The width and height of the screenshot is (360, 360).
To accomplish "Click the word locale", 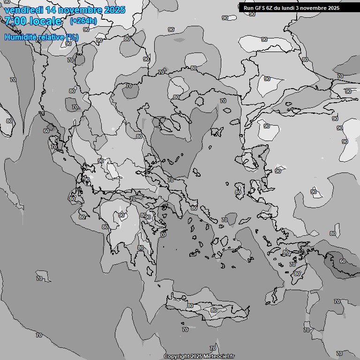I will click(45, 21).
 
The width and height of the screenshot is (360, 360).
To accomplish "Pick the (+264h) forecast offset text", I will click(83, 21).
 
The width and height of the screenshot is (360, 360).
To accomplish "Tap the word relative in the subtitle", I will click(51, 37).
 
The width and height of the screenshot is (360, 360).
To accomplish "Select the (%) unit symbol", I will click(72, 37).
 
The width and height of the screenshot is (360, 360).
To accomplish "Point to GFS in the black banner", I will click(260, 8).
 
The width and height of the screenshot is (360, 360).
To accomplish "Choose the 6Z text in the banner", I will click(271, 8).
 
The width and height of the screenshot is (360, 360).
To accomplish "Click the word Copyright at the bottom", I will click(177, 357).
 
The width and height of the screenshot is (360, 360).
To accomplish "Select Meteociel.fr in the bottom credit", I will click(219, 357).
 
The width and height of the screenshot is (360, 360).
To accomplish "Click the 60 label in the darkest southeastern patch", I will click(343, 261).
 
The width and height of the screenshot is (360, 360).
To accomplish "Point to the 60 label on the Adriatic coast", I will click(46, 131).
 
